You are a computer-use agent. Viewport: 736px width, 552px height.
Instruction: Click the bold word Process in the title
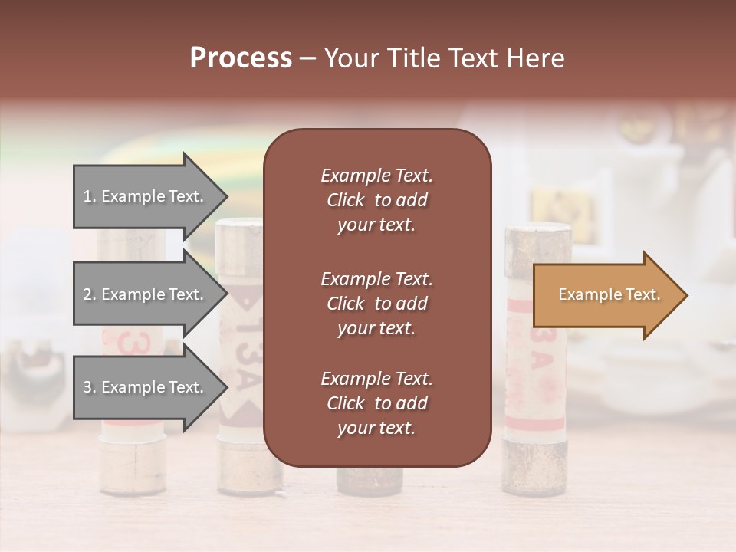(x=241, y=58)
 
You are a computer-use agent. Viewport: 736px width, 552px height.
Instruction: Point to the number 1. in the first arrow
(x=90, y=196)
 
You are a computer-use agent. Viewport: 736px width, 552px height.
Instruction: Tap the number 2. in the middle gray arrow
(x=90, y=294)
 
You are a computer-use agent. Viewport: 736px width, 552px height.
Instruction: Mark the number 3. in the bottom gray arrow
(x=90, y=387)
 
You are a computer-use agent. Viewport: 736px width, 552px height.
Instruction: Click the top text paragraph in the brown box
(x=376, y=200)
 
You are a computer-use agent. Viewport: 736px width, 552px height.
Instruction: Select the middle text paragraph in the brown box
(x=376, y=304)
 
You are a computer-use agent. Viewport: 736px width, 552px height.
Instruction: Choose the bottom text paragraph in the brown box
(x=376, y=403)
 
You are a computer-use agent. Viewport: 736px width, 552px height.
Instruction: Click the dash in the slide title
(x=308, y=59)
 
